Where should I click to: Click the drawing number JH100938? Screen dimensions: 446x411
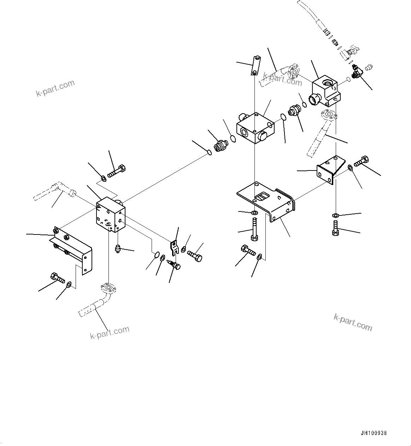tap(374, 433)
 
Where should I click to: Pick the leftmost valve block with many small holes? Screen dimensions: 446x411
tap(110, 215)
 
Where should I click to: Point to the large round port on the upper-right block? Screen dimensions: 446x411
tap(315, 100)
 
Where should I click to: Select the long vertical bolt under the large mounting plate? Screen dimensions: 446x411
tap(253, 229)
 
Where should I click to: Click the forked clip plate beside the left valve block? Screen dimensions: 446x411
tap(174, 247)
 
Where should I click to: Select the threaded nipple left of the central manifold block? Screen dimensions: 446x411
tap(222, 146)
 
